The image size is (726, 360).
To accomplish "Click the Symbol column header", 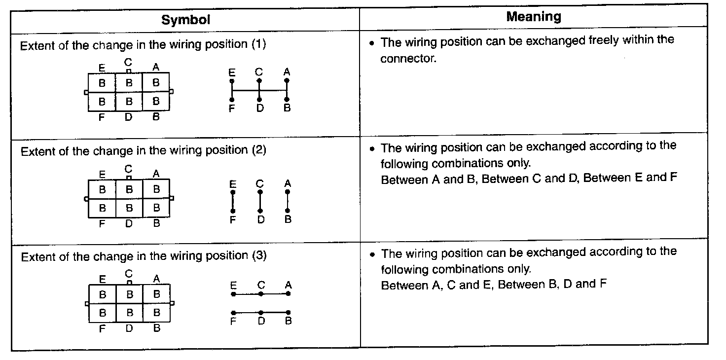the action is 185,20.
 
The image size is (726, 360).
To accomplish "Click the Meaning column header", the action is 533,17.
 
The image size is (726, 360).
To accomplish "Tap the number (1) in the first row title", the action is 258,44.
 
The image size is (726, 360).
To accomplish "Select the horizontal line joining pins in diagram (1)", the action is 259,90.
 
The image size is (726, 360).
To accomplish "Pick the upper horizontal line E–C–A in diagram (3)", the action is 260,294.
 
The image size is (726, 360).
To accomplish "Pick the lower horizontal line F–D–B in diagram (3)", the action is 260,312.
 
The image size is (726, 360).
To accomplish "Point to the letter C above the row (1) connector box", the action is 128,62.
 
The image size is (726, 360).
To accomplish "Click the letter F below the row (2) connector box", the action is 102,223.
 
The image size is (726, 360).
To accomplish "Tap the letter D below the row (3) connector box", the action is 129,328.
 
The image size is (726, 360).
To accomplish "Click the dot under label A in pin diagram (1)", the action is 287,80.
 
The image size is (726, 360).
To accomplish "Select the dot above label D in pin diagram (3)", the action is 261,312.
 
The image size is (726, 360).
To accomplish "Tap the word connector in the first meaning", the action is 407,59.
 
